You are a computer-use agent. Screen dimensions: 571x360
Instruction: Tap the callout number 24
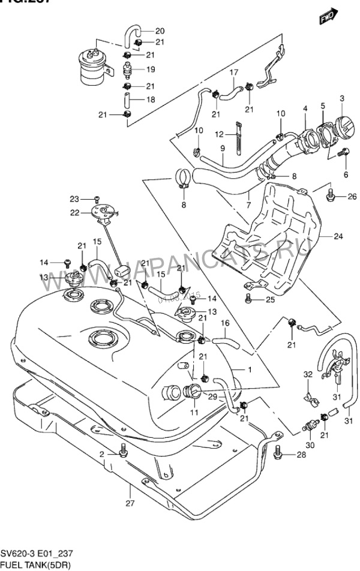tap(338, 236)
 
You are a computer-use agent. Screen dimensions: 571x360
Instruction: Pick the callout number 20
tap(160, 31)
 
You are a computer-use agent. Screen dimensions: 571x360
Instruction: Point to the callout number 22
tap(74, 212)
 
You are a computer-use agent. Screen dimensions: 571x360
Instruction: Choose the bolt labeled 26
tap(331, 196)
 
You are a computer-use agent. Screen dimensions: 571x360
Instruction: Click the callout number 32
tap(308, 375)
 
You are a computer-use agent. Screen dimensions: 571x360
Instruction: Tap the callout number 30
tap(310, 445)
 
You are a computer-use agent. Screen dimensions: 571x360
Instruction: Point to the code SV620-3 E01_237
tap(38, 554)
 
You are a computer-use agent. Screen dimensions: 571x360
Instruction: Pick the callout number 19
tap(151, 69)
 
